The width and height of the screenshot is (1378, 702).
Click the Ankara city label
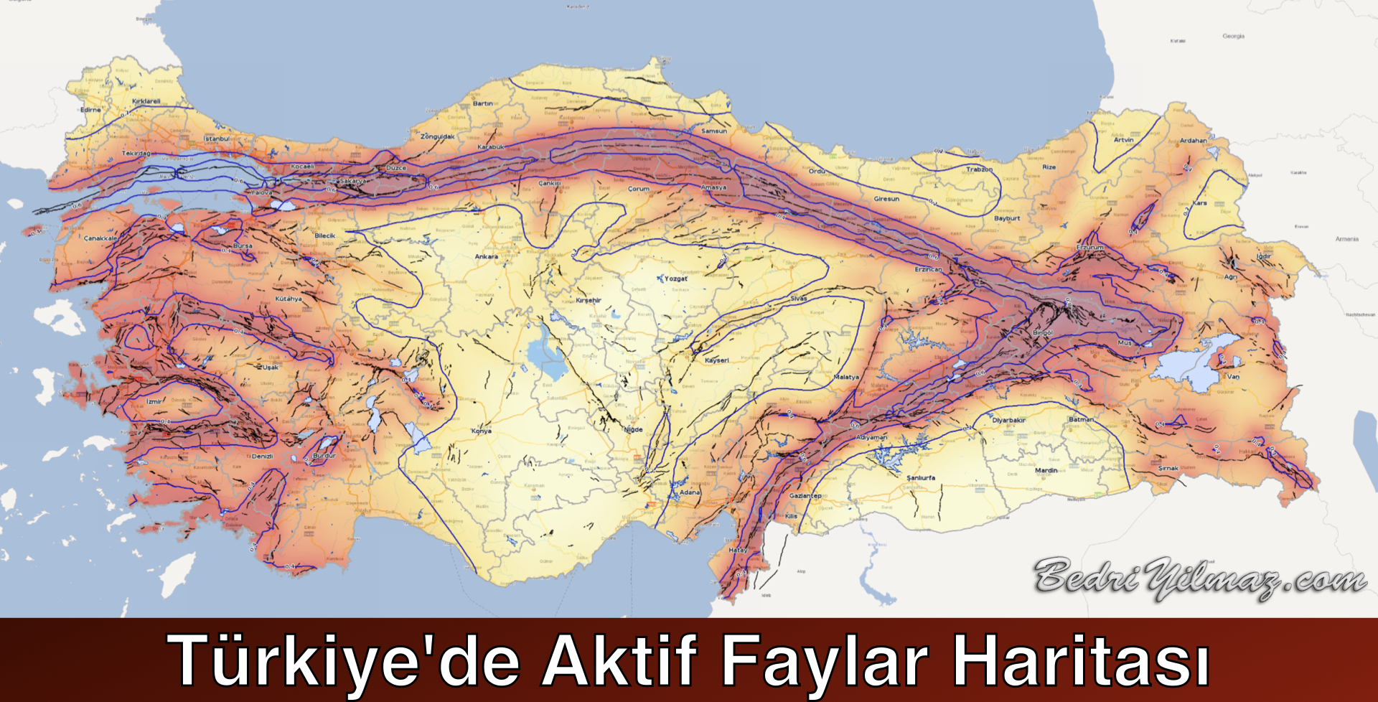(486, 256)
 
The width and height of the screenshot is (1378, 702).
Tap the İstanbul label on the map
(217, 139)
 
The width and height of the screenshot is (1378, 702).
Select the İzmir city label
(154, 402)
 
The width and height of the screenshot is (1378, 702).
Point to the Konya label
(482, 431)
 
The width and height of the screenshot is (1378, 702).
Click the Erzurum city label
(1090, 247)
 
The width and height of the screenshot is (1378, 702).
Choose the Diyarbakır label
(1008, 420)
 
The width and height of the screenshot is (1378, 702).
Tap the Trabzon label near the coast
(979, 169)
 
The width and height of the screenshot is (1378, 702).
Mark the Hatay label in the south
(738, 550)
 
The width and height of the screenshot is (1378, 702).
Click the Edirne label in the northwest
(91, 110)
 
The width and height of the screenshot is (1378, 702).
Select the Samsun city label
(713, 131)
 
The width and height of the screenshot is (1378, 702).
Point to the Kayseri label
(716, 360)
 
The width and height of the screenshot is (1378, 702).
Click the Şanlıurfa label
(921, 477)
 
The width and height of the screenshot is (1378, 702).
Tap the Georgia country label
(1233, 36)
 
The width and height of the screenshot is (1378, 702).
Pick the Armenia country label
(1346, 239)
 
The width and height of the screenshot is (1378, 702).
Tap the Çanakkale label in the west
(100, 238)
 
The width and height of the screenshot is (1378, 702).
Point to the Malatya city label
(846, 377)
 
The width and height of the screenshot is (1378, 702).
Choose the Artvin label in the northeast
(1124, 140)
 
